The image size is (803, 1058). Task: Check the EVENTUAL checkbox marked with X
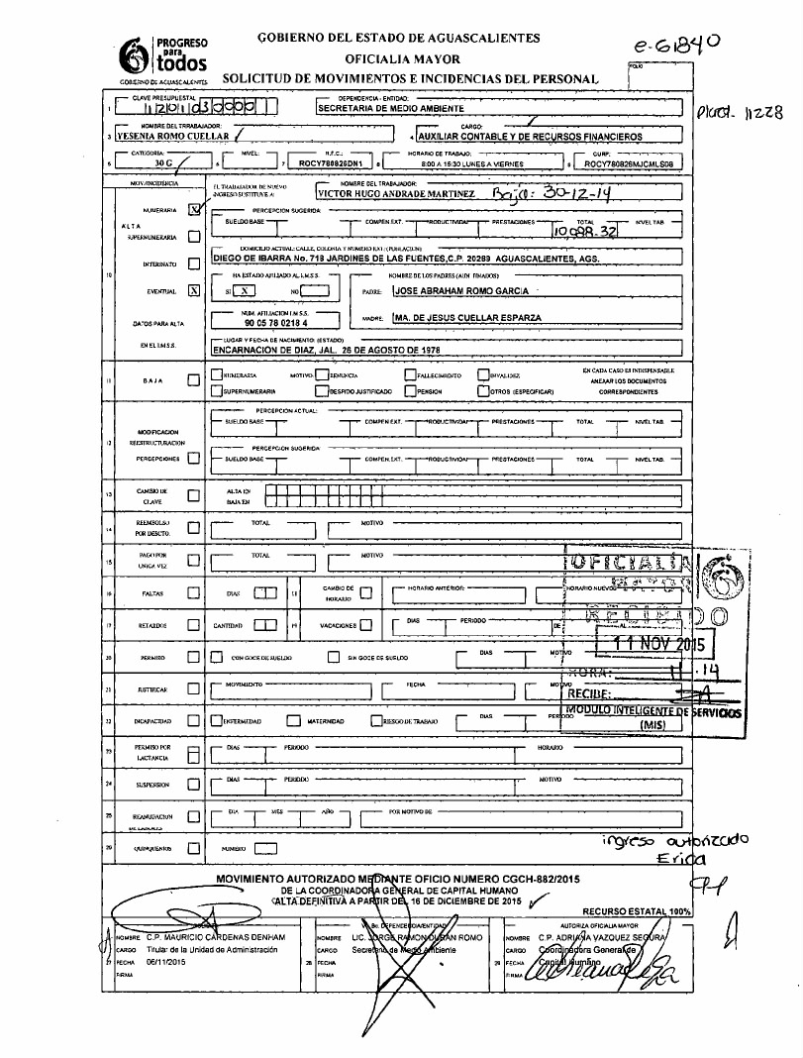[194, 290]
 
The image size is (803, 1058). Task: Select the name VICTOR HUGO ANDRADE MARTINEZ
[395, 194]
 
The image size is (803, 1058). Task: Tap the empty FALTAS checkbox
[194, 594]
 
